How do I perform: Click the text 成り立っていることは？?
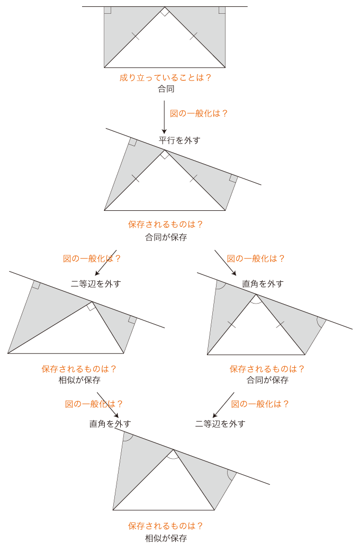[165, 78]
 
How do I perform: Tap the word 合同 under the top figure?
[166, 89]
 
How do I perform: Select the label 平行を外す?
[179, 140]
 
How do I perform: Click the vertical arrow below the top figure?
[164, 117]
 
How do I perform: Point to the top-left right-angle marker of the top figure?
[107, 10]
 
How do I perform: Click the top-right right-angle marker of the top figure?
[222, 10]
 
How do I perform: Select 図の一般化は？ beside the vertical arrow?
[199, 113]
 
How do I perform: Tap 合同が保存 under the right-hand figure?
[267, 380]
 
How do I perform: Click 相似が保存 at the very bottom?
[166, 538]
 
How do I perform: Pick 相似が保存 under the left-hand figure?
[79, 380]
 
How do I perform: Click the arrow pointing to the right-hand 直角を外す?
[225, 263]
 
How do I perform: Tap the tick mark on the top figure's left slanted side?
[135, 36]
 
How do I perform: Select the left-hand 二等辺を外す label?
[96, 283]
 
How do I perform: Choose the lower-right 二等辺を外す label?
[220, 424]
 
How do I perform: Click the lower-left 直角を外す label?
[110, 424]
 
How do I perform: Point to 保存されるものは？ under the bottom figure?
[165, 526]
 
